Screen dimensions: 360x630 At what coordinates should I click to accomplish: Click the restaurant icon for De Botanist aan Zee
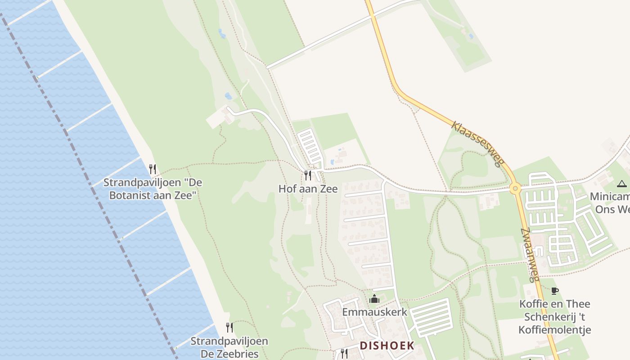point(153,169)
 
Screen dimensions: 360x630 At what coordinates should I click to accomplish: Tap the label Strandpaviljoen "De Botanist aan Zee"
point(153,189)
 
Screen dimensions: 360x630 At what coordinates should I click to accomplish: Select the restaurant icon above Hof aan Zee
point(308,175)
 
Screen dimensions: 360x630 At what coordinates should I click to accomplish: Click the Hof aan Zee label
point(308,189)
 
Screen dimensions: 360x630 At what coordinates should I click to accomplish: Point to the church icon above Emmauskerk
point(374,298)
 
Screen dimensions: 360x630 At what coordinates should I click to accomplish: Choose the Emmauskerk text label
point(374,312)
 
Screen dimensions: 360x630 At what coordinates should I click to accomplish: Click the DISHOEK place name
point(387,346)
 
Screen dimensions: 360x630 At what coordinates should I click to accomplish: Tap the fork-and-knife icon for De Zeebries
point(229,327)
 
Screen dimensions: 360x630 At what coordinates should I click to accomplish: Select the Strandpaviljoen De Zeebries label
point(229,347)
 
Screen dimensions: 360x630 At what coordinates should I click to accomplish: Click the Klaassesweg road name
point(477,144)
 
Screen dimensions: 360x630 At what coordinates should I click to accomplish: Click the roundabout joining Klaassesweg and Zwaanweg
point(515,188)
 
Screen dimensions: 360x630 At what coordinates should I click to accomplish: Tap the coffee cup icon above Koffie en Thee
point(554,291)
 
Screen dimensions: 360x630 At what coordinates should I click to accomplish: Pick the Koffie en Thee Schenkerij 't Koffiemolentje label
point(554,317)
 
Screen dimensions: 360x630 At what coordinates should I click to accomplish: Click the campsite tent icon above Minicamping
point(621,184)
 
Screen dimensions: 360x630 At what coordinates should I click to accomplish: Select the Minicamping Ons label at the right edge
point(610,203)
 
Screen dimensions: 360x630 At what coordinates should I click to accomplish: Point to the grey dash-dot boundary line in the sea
point(90,180)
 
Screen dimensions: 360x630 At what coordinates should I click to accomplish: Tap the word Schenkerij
point(554,317)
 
